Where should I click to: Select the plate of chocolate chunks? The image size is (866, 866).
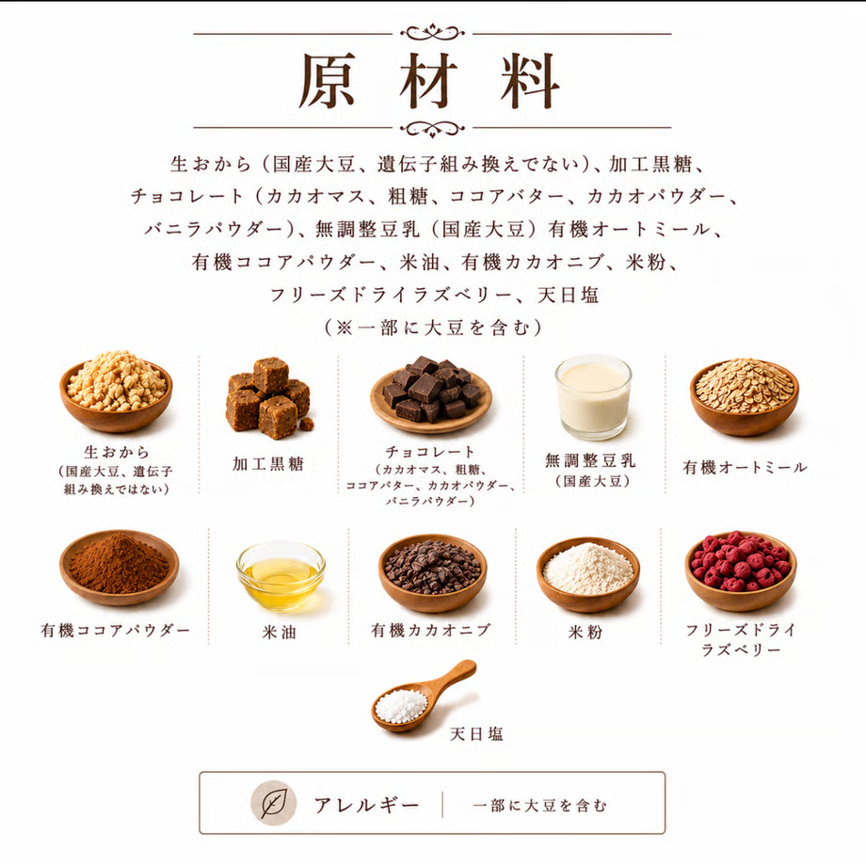click(x=431, y=394)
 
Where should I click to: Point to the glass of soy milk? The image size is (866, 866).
click(x=593, y=396)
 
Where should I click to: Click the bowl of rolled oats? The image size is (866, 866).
click(x=744, y=396)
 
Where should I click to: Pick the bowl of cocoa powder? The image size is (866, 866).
click(x=119, y=568)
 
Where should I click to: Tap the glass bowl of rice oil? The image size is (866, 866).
click(x=281, y=575)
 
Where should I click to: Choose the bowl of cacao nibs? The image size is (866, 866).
click(x=432, y=573)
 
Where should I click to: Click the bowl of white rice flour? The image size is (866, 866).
click(x=588, y=574)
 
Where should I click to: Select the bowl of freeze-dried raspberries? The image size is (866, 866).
click(x=741, y=571)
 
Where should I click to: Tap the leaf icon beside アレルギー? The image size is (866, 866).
click(x=273, y=803)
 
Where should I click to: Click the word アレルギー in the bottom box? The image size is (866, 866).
click(x=367, y=805)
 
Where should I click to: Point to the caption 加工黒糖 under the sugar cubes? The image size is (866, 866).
click(x=268, y=464)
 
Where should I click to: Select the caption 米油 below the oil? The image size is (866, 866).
click(x=280, y=632)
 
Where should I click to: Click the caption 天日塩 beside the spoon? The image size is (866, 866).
click(x=476, y=734)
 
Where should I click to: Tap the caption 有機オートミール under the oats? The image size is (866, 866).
click(x=746, y=467)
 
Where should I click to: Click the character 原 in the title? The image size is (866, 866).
click(x=327, y=81)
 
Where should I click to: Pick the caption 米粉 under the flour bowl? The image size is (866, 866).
click(x=585, y=632)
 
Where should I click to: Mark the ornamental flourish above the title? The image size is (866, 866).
click(x=432, y=32)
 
